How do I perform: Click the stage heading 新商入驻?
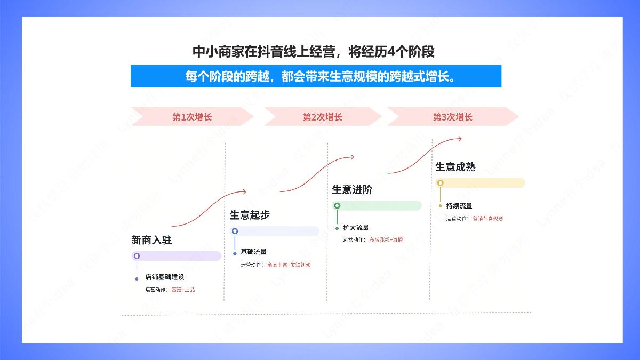click(151, 241)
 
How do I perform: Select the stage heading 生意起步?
click(250, 215)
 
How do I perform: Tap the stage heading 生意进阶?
click(352, 190)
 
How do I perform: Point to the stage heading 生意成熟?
click(455, 167)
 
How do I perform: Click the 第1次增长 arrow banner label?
click(192, 117)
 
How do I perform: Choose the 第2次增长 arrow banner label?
click(322, 117)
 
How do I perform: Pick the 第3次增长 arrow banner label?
click(452, 117)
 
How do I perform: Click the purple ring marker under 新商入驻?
click(137, 256)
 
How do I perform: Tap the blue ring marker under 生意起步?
click(235, 231)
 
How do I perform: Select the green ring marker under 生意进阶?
click(337, 205)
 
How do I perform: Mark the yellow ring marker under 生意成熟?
click(440, 183)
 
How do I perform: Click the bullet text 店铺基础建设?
click(164, 277)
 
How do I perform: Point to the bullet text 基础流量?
click(253, 252)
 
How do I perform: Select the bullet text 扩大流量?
click(356, 228)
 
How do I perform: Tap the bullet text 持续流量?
click(459, 205)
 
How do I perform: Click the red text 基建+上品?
click(183, 290)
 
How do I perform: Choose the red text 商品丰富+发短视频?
click(289, 265)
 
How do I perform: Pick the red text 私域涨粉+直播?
click(386, 240)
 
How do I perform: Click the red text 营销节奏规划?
click(487, 218)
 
